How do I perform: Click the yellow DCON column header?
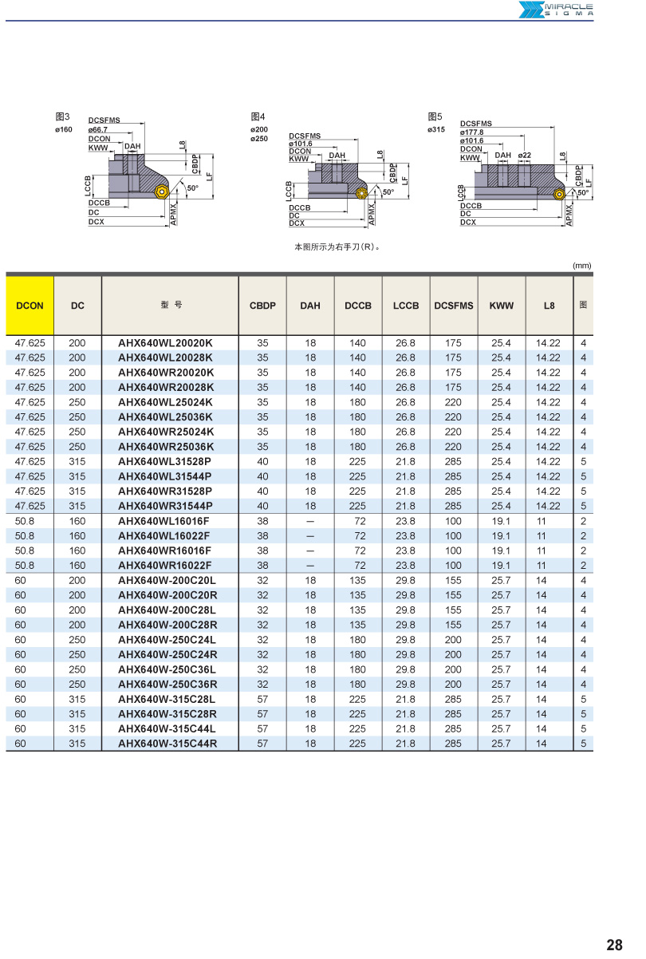point(30,306)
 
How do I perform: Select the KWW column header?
point(502,306)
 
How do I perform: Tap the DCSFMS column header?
point(454,306)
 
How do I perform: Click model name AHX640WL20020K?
point(165,343)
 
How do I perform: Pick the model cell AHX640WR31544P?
point(165,506)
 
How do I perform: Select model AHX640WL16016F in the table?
point(164,521)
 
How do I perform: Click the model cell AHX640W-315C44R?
point(167,744)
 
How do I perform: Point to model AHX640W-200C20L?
point(167,581)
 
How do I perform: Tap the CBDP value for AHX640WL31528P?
point(262,461)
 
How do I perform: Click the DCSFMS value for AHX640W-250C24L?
point(453,640)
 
